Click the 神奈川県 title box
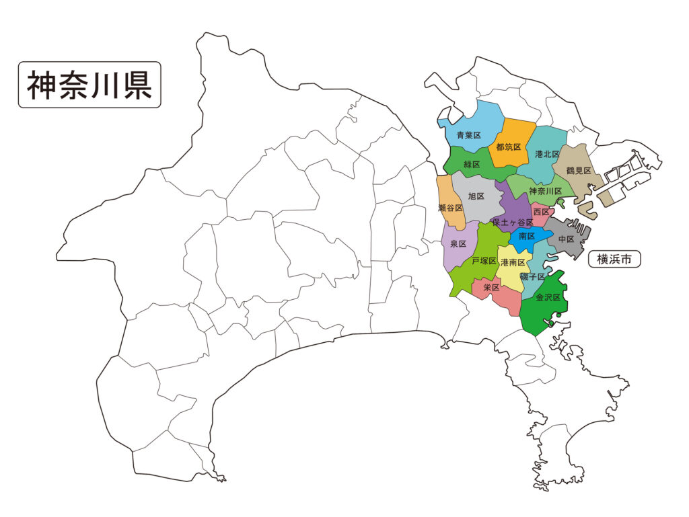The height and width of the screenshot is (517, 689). pos(89,85)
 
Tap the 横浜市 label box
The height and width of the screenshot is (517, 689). pos(614,259)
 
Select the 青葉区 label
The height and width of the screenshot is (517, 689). pos(469,136)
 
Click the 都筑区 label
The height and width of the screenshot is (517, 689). pos(508,147)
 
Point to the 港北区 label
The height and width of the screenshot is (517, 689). pos(547,154)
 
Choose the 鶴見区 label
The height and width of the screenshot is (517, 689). pos(579,171)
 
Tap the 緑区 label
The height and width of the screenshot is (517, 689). pos(472,165)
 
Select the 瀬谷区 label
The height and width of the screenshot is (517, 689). pos(449,208)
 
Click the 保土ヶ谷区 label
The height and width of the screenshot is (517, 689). pos(513,222)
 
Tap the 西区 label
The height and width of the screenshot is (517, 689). pos(541,212)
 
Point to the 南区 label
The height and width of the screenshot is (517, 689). pos(527,237)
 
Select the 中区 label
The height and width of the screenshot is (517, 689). pos(565,239)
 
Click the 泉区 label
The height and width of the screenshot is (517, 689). pos(458,244)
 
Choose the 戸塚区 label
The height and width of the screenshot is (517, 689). pos(484,261)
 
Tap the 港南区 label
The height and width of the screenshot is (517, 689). pos(513,263)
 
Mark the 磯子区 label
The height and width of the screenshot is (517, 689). pos(533,276)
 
